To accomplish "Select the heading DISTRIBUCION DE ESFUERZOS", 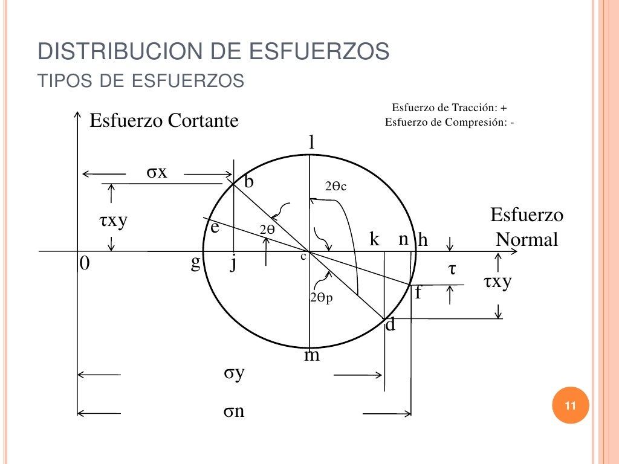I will (213, 52).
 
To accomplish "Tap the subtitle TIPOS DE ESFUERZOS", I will (141, 80).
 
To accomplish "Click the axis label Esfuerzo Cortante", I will (164, 121).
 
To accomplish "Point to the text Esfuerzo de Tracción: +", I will (449, 108).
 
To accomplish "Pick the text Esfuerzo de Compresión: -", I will (450, 121).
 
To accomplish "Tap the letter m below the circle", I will (312, 355).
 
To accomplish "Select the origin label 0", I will (85, 264).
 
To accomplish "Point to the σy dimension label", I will (234, 373).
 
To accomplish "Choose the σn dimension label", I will (234, 412).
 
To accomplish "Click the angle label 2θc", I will (335, 187).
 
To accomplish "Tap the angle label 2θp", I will (321, 298).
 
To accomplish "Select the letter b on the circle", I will (249, 181).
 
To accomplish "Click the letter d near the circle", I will (391, 325).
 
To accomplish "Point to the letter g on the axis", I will (195, 263).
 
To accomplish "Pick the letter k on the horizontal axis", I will (375, 240).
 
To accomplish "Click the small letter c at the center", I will (303, 256).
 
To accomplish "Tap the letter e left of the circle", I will (214, 228).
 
